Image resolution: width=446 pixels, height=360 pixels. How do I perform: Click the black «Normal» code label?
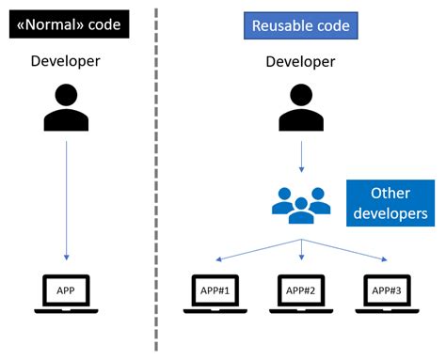[66, 23]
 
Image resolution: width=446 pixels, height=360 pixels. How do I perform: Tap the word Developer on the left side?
[66, 62]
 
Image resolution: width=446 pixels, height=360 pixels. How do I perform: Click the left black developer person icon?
[66, 107]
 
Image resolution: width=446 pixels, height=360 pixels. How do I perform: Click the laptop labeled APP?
[66, 292]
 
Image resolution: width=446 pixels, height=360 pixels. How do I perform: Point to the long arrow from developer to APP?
[66, 197]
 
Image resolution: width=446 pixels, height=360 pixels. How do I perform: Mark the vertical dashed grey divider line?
[155, 179]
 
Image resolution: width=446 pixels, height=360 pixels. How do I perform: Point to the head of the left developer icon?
[66, 95]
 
